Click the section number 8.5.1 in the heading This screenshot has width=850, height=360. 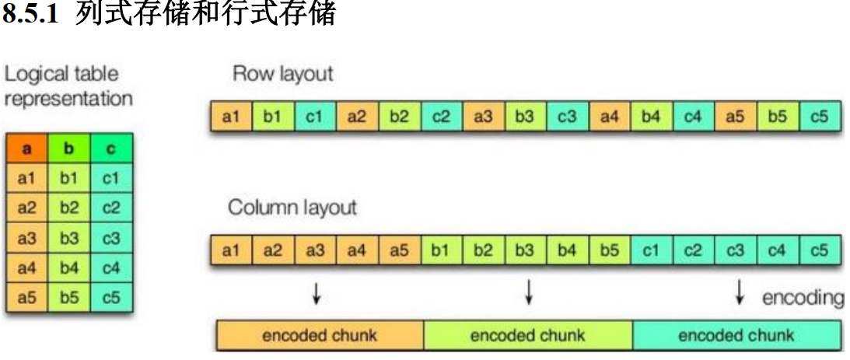pos(32,15)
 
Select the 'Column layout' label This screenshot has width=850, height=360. pos(292,208)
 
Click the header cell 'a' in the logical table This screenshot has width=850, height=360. pos(26,148)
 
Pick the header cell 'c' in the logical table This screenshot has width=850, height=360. pos(110,148)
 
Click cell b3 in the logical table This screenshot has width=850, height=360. pos(68,238)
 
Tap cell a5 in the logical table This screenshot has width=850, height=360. pos(26,298)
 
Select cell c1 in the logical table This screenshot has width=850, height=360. pos(110,178)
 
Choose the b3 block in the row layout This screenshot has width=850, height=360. pos(525,118)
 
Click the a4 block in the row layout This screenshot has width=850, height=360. pos(609,118)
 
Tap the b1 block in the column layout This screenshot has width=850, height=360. pos(441,251)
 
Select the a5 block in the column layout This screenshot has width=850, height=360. pos(399,251)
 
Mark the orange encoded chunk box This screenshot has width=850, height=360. pos(319,336)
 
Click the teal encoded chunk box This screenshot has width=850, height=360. pos(736,336)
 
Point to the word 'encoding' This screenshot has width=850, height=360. pos(803,297)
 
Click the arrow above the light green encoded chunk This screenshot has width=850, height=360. pos(529,292)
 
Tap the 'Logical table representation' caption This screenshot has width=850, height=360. pos(68,86)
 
